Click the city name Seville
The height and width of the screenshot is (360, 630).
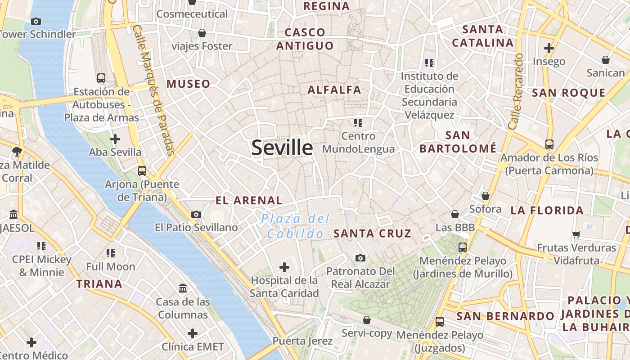coord(282,148)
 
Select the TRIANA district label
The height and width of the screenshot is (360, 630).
coord(99,284)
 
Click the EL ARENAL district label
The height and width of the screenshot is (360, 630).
coord(248,201)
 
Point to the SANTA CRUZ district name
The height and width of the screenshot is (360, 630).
coord(372,234)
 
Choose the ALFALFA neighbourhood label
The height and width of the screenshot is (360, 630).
coord(334,90)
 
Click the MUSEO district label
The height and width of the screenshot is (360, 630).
coord(188,84)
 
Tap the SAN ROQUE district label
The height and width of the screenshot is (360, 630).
coord(569,93)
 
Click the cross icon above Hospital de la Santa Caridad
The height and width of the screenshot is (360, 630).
coord(284,267)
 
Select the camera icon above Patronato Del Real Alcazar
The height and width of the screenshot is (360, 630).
coord(360,258)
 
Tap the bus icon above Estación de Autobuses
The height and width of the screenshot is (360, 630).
coord(101,78)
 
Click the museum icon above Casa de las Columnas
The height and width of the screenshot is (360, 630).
coord(183,288)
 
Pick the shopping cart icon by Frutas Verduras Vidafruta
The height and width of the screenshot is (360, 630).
coord(576,234)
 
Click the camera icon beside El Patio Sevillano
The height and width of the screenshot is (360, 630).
coord(196,214)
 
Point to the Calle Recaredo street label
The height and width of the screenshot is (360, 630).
coord(516,91)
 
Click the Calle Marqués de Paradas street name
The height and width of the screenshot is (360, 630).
coord(154,90)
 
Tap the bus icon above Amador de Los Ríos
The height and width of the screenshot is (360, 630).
coord(549,144)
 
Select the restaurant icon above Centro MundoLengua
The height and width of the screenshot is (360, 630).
coord(358,122)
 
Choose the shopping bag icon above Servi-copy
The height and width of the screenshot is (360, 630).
coord(367,320)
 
